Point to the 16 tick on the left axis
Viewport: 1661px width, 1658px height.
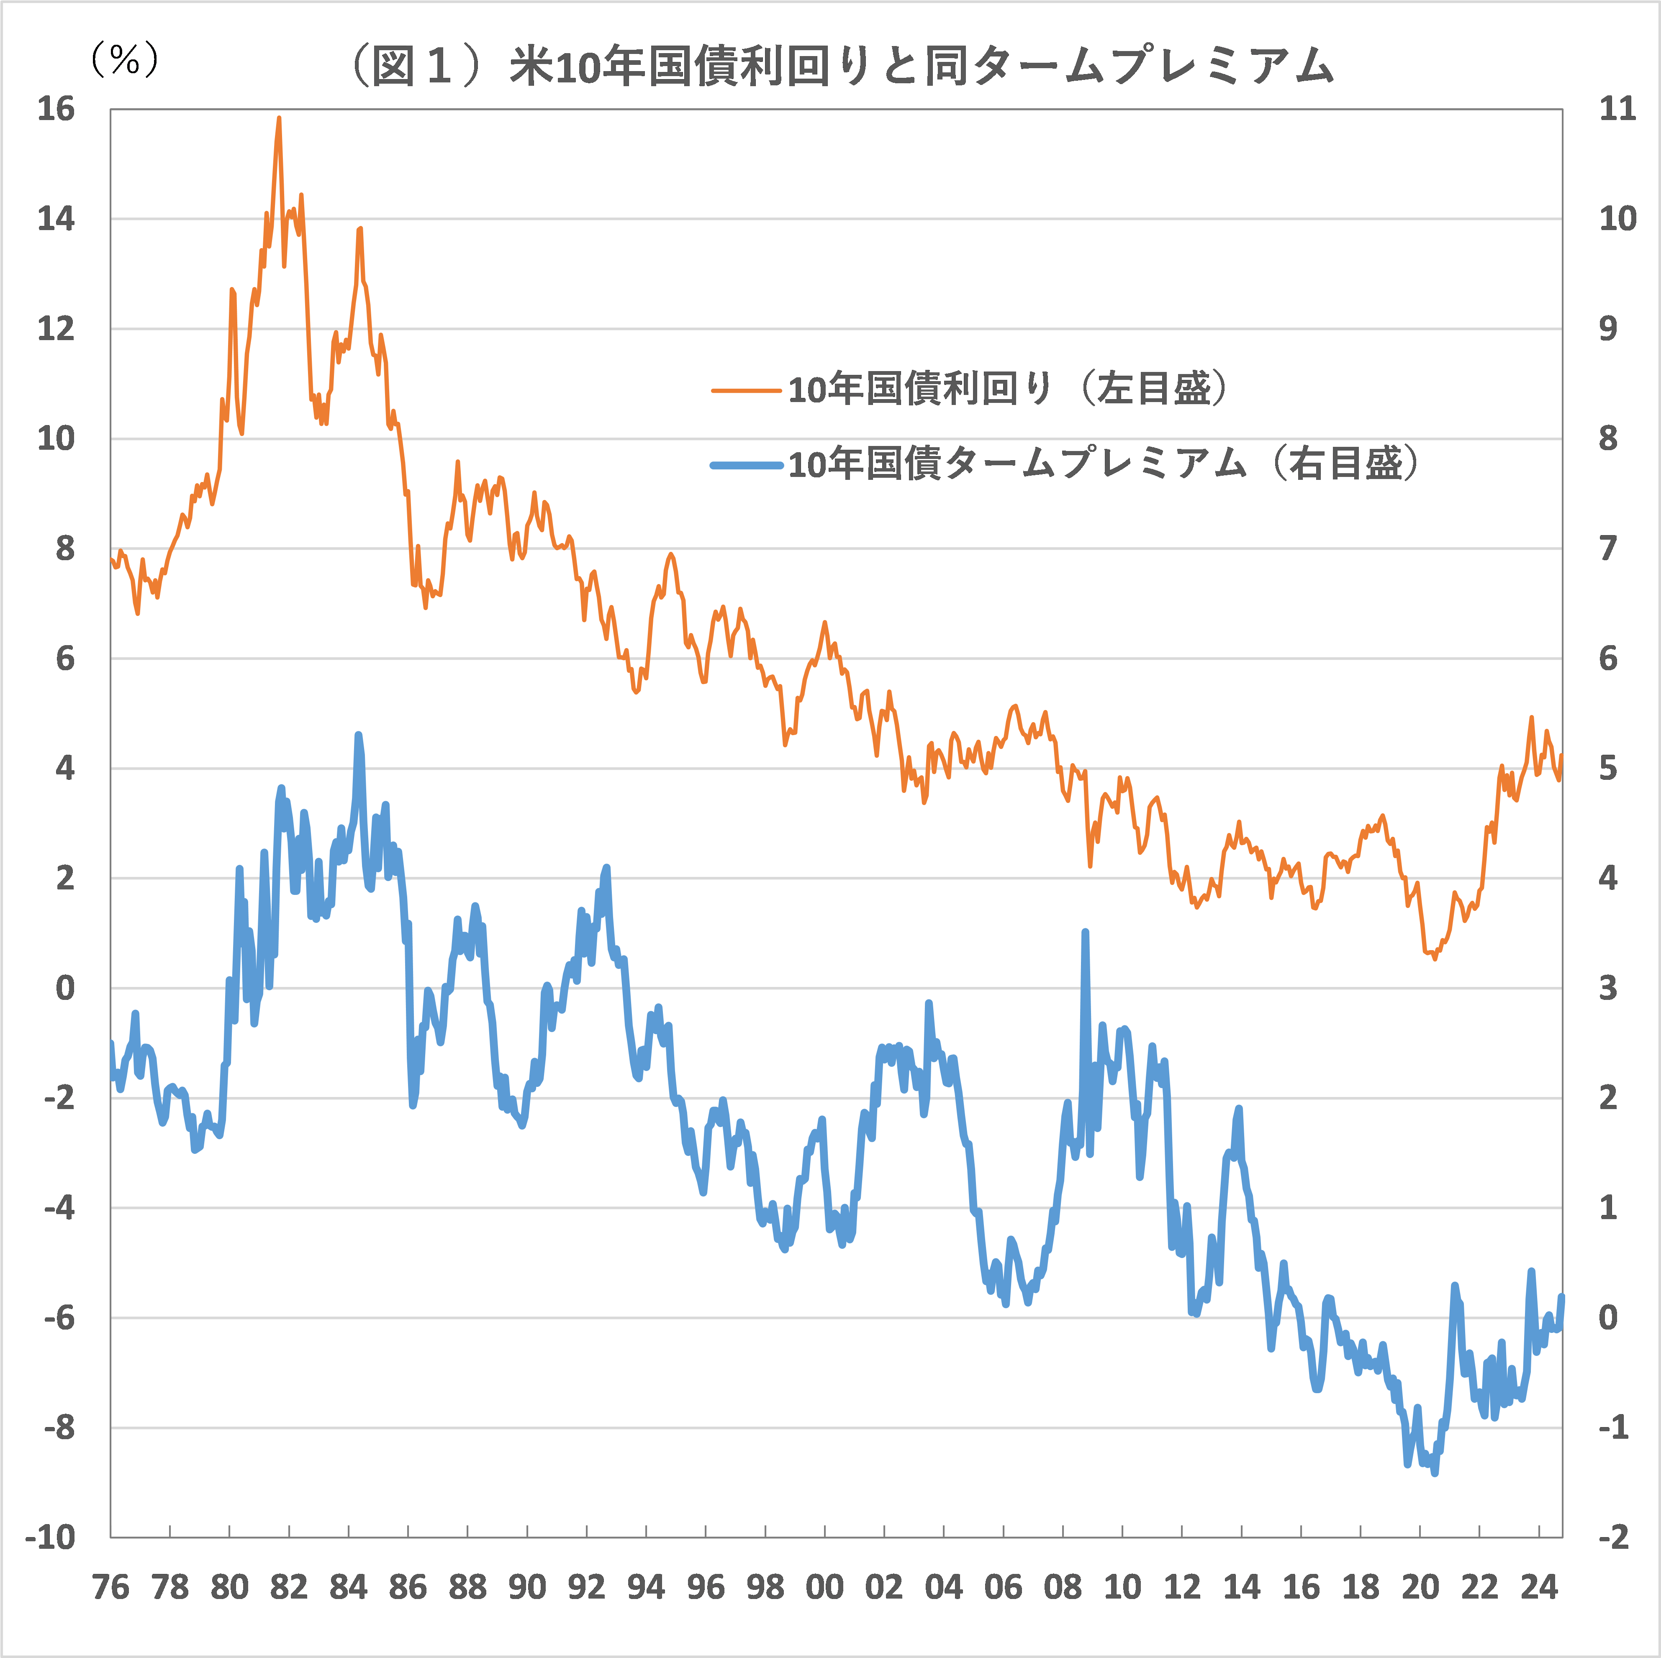56,109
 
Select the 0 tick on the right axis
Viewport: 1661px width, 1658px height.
1608,1317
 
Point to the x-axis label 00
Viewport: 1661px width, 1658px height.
824,1586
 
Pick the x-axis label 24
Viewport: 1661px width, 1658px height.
1539,1586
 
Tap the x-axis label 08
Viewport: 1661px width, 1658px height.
1063,1586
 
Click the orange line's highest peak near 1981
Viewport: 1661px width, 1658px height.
279,119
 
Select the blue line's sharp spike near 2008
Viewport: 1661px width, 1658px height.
1085,932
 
